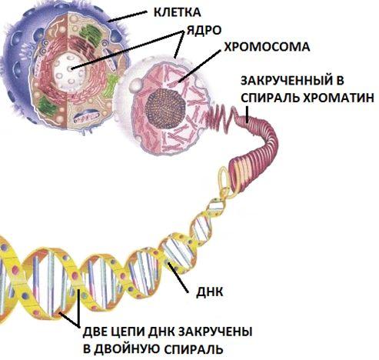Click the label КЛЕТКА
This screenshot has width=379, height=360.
(x=178, y=12)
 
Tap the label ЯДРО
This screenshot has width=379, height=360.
(x=204, y=30)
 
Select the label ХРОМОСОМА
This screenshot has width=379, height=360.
(x=267, y=47)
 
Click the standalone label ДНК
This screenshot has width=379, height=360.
(x=209, y=292)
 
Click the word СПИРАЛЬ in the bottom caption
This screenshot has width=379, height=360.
(x=193, y=349)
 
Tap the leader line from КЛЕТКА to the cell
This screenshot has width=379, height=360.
(x=128, y=16)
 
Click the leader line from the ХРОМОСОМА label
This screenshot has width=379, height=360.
(x=199, y=66)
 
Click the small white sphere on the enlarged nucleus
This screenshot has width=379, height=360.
(x=135, y=85)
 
